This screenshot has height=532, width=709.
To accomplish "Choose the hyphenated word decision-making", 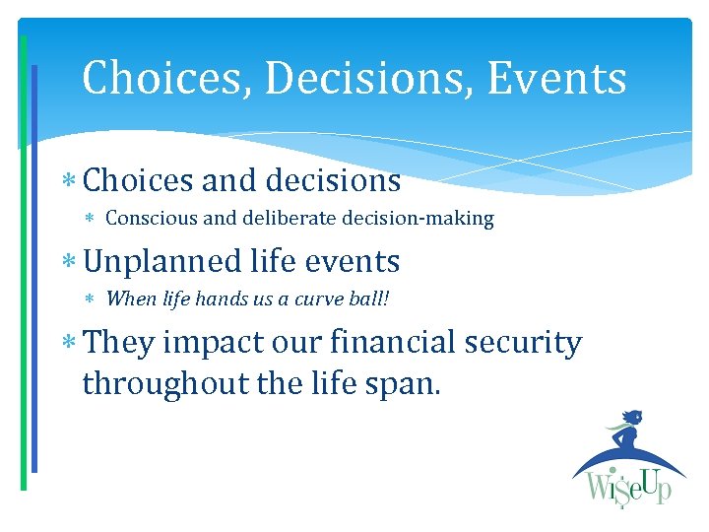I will (x=418, y=219).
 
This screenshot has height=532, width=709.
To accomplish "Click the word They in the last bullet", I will (x=118, y=343).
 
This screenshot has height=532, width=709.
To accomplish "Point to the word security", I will (x=529, y=344).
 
